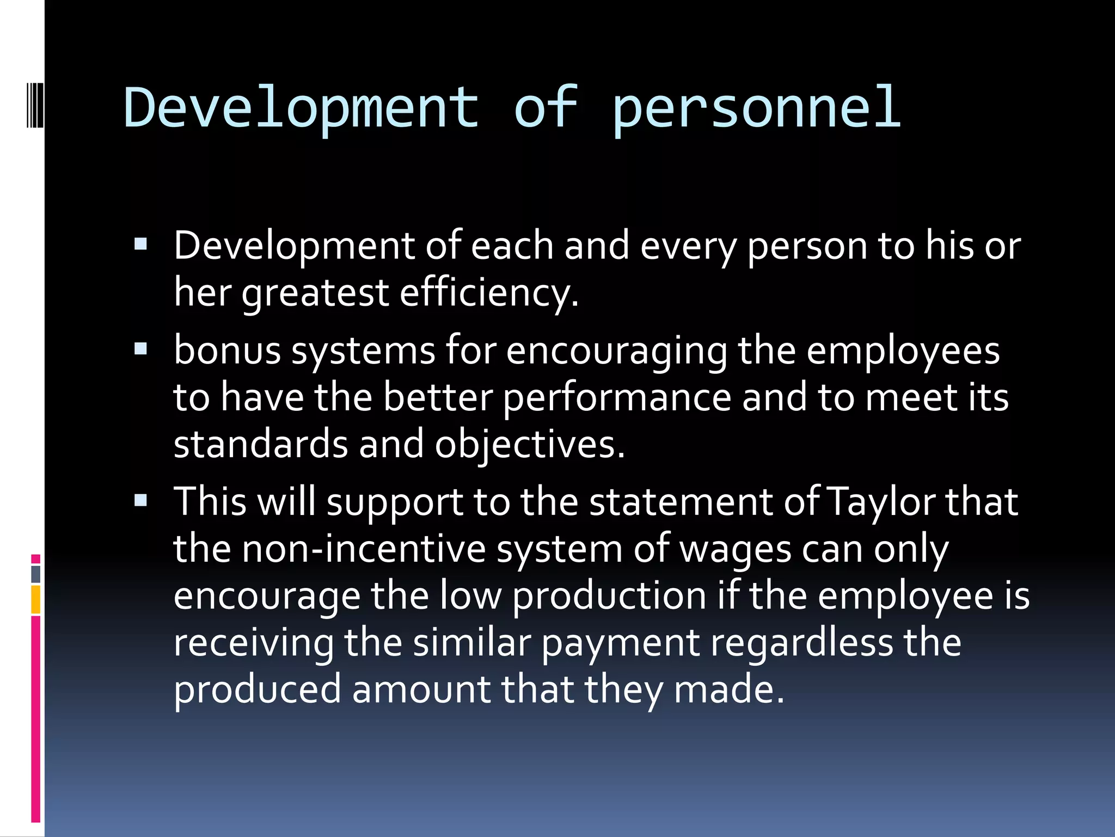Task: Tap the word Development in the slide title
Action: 301,109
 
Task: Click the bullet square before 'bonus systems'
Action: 140,349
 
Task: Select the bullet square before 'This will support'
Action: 140,500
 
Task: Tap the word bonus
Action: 227,350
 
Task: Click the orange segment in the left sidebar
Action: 36,599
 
